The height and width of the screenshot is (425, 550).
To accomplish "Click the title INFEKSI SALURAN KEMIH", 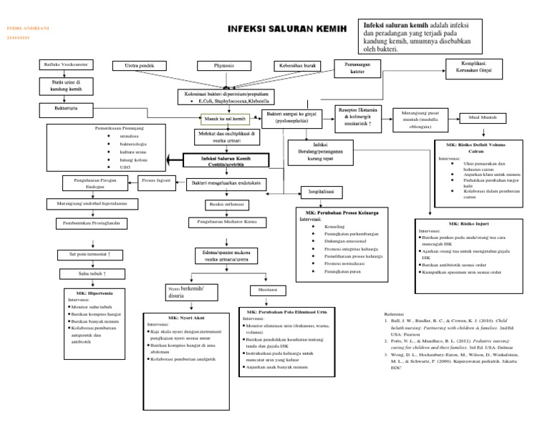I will coord(286,29).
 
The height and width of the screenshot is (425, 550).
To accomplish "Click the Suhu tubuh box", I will coord(92,274).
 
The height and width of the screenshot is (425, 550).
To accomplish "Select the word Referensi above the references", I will coord(396,314).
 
